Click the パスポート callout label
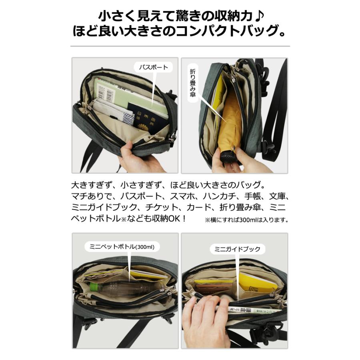(153, 67)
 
